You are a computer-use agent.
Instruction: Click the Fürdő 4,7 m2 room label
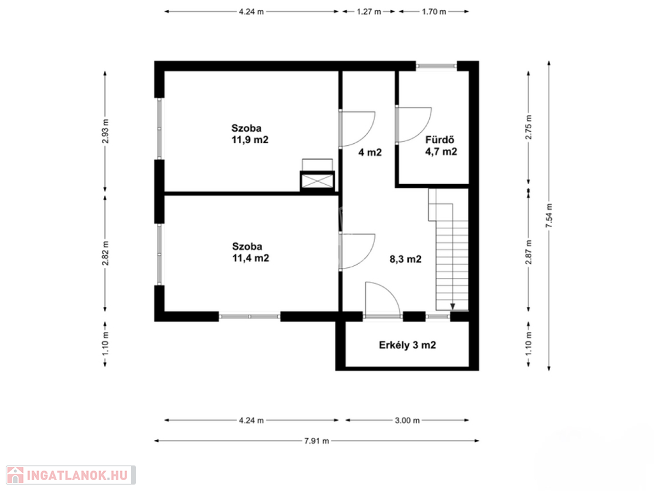(x=441, y=146)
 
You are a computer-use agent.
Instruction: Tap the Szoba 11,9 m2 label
(x=250, y=134)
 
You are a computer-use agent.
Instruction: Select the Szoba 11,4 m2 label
(x=250, y=252)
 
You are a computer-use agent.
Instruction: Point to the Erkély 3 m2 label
(x=407, y=345)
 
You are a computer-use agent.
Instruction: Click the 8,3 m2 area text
(x=406, y=260)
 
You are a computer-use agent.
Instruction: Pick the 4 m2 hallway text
(x=370, y=152)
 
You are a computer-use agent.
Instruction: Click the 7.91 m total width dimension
(x=317, y=440)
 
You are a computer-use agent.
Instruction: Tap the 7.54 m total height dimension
(x=549, y=215)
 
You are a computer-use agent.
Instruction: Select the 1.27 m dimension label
(x=369, y=12)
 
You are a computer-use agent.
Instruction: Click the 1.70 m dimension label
(x=434, y=12)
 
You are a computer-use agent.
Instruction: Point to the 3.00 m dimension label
(x=407, y=421)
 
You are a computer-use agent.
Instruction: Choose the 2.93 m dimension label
(x=105, y=131)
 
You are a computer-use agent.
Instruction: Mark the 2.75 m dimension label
(x=529, y=127)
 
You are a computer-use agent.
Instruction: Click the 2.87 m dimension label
(x=529, y=252)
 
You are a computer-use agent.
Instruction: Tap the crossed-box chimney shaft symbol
(x=317, y=181)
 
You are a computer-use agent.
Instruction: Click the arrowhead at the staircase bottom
(x=453, y=306)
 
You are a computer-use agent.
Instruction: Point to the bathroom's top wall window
(x=437, y=66)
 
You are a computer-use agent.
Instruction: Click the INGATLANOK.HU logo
(x=71, y=475)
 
